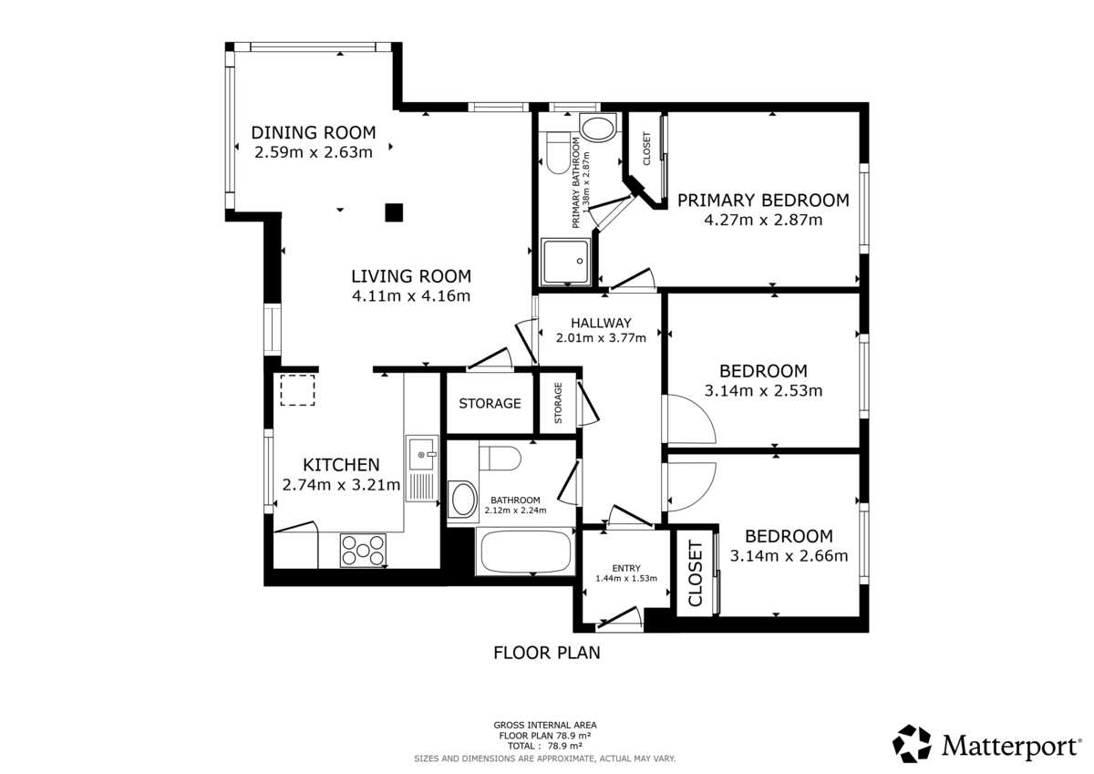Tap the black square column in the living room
[393, 212]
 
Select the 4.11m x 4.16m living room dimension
[411, 295]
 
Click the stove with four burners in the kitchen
[362, 550]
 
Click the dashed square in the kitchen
[297, 390]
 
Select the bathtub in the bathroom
[524, 552]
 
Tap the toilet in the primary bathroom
[555, 152]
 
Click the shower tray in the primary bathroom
[567, 261]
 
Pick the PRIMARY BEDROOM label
[763, 200]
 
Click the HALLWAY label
[601, 323]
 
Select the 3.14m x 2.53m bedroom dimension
[763, 391]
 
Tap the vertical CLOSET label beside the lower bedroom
[695, 573]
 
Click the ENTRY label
[626, 568]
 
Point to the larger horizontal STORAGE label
[490, 403]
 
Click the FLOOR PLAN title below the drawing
[546, 653]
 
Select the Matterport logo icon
[912, 743]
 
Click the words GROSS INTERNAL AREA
[545, 726]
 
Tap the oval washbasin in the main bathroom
[463, 500]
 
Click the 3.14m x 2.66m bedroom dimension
[790, 555]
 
